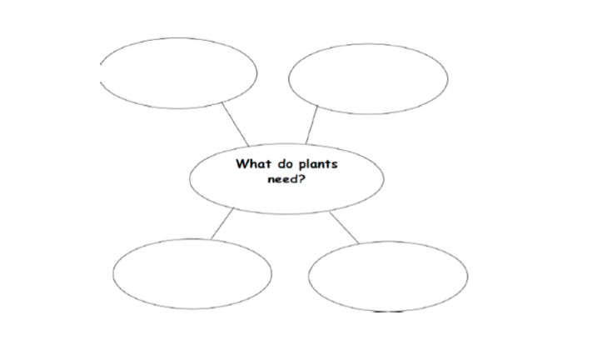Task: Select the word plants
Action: click(318, 165)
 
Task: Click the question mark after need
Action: click(301, 178)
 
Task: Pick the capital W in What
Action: click(242, 164)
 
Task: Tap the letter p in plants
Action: click(302, 166)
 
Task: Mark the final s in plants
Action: click(335, 166)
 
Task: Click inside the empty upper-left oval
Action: click(178, 73)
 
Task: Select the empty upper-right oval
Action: click(368, 78)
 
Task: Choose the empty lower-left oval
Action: click(192, 274)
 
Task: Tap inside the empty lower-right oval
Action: click(388, 277)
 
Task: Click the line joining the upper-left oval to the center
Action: click(235, 124)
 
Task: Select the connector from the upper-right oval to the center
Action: click(312, 125)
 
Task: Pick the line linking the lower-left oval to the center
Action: click(222, 223)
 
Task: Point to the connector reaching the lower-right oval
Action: click(344, 227)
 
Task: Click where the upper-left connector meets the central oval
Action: click(249, 146)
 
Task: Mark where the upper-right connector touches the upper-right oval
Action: click(318, 107)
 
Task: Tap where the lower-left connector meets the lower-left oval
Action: click(211, 239)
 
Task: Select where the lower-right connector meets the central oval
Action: click(330, 212)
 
